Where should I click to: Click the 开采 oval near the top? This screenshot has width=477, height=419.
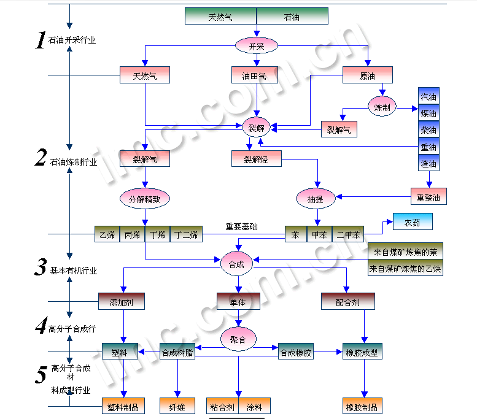[257, 45]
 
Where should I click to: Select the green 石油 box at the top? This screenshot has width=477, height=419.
[292, 17]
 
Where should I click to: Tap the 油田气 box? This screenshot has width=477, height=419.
[254, 75]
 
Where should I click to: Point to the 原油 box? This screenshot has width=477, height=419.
[367, 75]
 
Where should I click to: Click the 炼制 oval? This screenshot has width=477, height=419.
[382, 107]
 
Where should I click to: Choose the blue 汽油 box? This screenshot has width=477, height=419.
[429, 96]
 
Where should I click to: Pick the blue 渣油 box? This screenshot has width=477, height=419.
[429, 163]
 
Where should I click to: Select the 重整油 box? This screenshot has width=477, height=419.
[429, 197]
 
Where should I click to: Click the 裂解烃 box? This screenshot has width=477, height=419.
[257, 159]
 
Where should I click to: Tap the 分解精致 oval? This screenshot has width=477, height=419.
[144, 198]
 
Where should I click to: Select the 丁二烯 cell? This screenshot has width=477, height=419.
[185, 234]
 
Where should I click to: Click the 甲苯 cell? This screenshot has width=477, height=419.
[319, 234]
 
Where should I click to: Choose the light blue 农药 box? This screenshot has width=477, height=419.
[413, 222]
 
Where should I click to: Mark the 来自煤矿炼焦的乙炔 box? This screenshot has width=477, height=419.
[406, 268]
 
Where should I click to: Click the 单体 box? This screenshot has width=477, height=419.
[239, 301]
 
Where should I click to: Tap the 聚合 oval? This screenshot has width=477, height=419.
[238, 339]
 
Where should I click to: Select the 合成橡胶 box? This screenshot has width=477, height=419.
[296, 352]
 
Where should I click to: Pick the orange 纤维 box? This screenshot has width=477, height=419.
[177, 406]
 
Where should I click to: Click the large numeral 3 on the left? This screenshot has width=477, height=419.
[41, 267]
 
